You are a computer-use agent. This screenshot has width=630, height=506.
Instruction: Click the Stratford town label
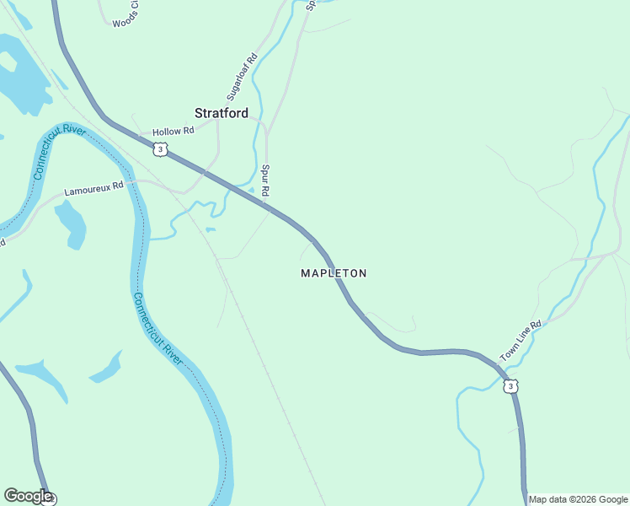221,113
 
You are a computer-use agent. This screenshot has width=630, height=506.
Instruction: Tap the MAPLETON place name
334,273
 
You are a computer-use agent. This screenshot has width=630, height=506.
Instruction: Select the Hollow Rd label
173,131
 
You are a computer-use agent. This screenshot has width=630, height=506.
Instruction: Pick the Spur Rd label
264,181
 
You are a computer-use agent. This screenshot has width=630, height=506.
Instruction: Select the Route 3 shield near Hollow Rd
160,149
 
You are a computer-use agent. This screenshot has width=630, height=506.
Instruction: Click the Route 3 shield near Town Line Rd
510,386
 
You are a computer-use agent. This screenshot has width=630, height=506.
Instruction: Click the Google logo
28,496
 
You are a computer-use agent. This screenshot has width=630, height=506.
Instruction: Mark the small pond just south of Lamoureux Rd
72,223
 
